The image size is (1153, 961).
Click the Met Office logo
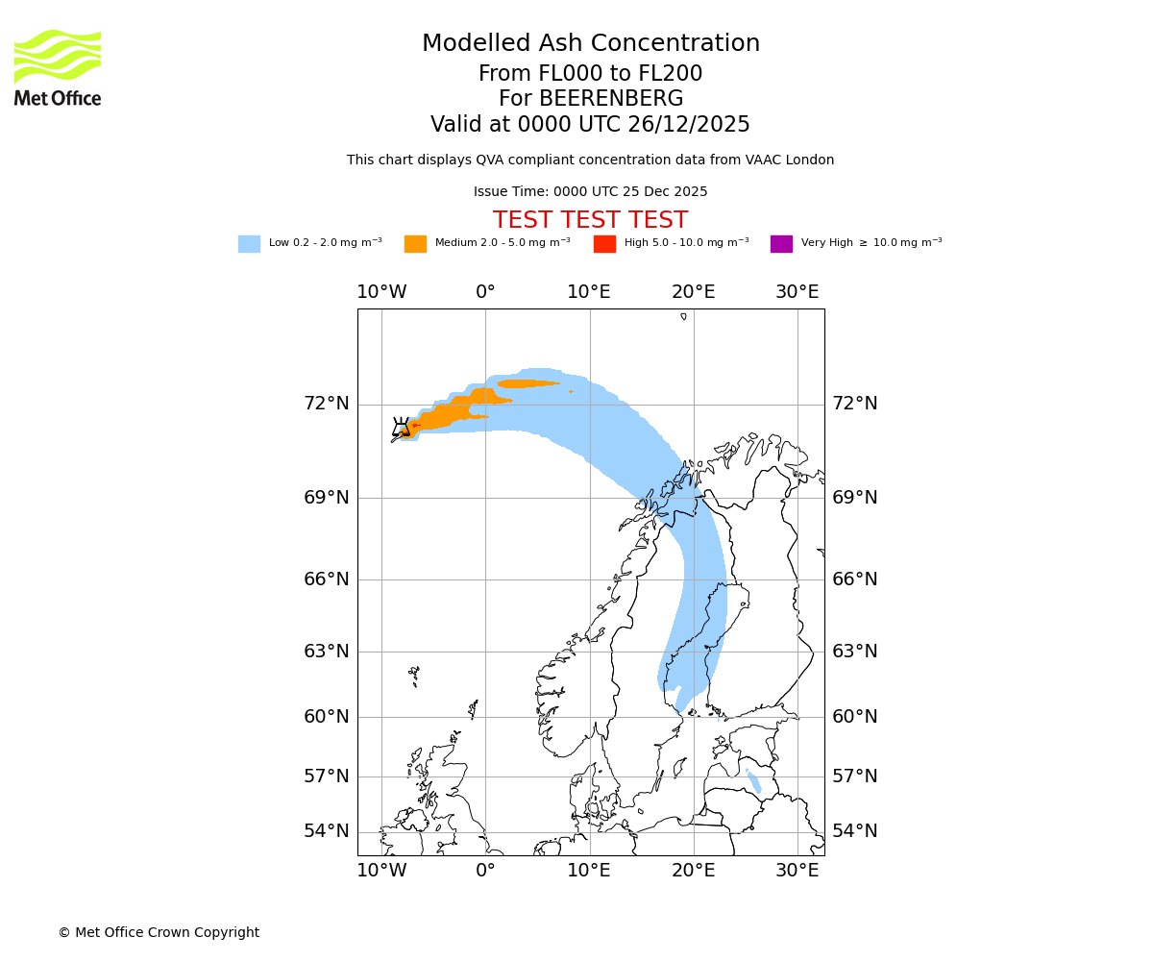tap(58, 67)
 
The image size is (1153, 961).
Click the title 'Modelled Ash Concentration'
tap(591, 44)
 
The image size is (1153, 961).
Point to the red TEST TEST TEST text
tap(590, 220)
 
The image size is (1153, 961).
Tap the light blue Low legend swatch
tap(249, 244)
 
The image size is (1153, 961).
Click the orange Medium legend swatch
tap(415, 244)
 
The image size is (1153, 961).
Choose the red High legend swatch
tap(604, 244)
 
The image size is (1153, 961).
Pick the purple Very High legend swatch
tap(781, 244)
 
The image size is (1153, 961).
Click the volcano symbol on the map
tap(402, 428)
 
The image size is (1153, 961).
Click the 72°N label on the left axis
tap(327, 404)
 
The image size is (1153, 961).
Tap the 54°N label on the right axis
tap(855, 831)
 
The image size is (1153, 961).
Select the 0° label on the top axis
tap(485, 292)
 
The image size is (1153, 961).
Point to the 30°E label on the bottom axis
tap(797, 871)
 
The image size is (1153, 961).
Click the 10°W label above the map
tap(381, 292)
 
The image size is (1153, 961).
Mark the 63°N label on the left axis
tap(327, 652)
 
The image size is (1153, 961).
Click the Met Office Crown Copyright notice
tap(159, 932)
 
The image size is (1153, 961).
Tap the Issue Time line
tap(590, 192)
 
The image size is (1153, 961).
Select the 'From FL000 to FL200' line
tap(590, 74)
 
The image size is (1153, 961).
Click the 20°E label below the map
tap(694, 871)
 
